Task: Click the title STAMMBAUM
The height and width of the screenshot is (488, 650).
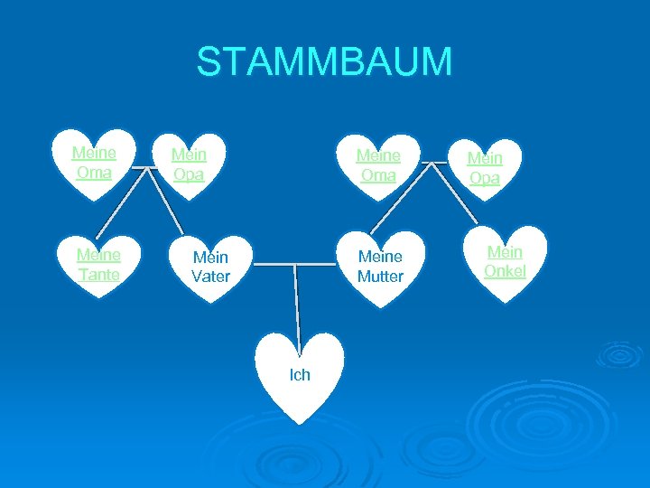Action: tap(324, 61)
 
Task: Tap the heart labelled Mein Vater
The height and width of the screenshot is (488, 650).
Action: tap(210, 267)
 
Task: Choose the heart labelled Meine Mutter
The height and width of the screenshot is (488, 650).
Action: tap(380, 267)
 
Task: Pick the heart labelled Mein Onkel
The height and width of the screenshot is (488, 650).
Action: tap(505, 261)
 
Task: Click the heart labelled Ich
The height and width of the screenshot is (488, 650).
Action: tap(300, 374)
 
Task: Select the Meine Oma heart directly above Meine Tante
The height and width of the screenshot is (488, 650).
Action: tap(94, 163)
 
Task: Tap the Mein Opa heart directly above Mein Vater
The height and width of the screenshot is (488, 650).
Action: tap(189, 165)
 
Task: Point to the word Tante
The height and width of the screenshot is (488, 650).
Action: tap(98, 274)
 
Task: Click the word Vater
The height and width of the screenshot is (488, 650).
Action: tap(210, 276)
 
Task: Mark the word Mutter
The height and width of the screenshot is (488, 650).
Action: tap(380, 277)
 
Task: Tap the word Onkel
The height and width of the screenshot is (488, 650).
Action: tap(505, 270)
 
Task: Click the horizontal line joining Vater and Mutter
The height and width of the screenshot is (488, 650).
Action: tap(293, 264)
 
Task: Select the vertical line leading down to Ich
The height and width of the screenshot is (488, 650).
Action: tap(295, 303)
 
